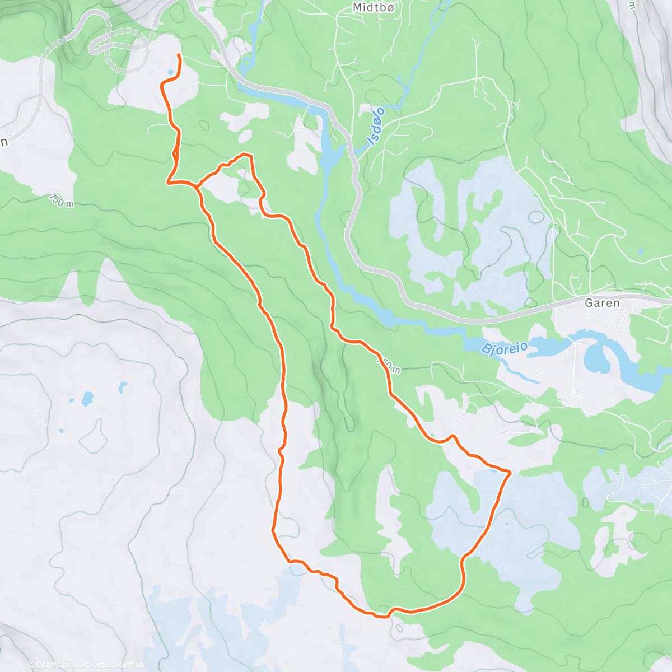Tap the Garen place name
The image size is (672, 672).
tap(602, 303)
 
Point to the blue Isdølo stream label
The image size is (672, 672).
tap(376, 126)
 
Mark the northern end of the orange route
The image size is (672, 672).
tap(179, 54)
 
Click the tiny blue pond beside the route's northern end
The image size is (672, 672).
tap(170, 72)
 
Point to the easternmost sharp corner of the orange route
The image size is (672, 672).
tap(510, 473)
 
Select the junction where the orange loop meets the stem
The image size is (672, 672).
tap(197, 185)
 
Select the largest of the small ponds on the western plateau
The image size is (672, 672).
tap(87, 399)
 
